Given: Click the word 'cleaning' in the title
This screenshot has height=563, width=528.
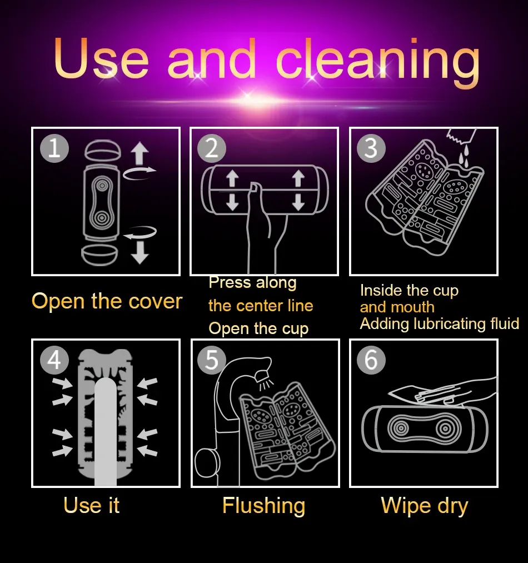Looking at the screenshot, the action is [x=377, y=59].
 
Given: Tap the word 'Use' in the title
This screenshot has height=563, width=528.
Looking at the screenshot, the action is [x=101, y=57].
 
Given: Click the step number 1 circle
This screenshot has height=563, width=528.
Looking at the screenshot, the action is [x=54, y=148].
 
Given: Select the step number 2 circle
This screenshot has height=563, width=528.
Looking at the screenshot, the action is [x=212, y=148].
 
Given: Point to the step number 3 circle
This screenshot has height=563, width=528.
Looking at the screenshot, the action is [x=371, y=148].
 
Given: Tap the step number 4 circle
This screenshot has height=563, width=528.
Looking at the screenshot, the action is [x=54, y=360].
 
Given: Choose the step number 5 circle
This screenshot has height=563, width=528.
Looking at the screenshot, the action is [x=212, y=360].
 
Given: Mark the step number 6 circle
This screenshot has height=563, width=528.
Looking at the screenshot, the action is [x=371, y=360].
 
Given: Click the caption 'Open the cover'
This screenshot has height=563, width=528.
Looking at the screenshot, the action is [x=107, y=301].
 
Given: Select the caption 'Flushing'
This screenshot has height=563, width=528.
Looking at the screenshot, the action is [x=263, y=506].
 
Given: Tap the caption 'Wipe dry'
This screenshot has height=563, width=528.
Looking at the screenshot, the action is [x=425, y=506].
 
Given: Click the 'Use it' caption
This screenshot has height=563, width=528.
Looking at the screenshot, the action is [x=92, y=505].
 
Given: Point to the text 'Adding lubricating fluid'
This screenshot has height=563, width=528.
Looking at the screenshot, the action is [x=440, y=324].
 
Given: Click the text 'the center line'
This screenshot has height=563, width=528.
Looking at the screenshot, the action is [x=261, y=306].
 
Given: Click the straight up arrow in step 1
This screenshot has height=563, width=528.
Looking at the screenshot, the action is [x=140, y=153].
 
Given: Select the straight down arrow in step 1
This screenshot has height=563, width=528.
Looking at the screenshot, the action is [x=140, y=252].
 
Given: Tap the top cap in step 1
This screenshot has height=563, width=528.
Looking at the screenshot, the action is [x=103, y=151].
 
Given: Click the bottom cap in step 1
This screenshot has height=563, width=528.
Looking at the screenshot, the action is [x=100, y=255].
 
